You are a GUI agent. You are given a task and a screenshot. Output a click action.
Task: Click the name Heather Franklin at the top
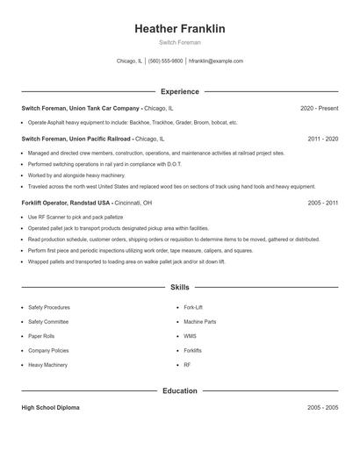coord(180,28)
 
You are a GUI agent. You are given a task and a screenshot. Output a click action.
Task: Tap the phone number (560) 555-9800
coord(165,61)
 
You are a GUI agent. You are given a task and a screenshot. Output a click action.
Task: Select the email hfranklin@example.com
coord(216,61)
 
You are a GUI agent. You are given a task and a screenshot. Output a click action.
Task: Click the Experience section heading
coord(180,91)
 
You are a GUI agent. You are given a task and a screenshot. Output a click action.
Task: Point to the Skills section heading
coord(180,287)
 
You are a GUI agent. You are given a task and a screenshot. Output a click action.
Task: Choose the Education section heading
coord(180,390)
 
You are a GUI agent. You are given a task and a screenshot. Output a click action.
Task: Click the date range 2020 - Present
coord(320,108)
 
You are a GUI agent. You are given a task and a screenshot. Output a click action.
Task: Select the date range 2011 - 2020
coord(323,139)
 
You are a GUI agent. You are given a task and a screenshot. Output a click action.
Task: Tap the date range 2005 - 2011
coord(323,203)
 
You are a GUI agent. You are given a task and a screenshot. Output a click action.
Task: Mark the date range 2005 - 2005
coord(323,408)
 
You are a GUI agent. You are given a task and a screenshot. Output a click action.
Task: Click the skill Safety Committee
coord(49,322)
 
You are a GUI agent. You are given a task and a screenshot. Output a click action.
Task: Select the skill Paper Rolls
coord(42,336)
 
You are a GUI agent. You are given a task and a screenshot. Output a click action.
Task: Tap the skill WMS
coord(190,336)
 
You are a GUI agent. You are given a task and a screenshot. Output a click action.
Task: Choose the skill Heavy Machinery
coord(48,364)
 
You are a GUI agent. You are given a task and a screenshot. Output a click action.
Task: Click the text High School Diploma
coord(51,408)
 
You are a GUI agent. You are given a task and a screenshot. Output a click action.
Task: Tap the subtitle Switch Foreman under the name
coord(180,42)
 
